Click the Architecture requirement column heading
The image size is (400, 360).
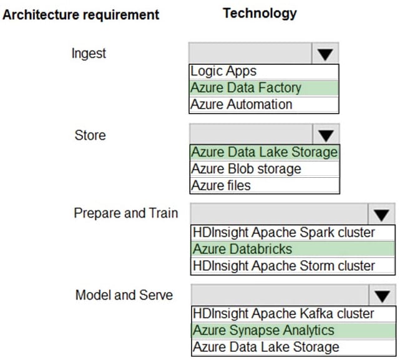click(81, 14)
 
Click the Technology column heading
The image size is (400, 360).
click(260, 13)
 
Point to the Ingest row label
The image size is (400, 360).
click(89, 53)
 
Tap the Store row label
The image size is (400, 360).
click(90, 135)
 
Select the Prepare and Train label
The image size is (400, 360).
click(125, 213)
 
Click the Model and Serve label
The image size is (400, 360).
click(124, 294)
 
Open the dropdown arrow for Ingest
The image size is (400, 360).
click(324, 54)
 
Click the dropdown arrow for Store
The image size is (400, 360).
click(324, 135)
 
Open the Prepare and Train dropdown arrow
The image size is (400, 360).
click(381, 215)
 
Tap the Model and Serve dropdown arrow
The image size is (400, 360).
click(381, 296)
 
